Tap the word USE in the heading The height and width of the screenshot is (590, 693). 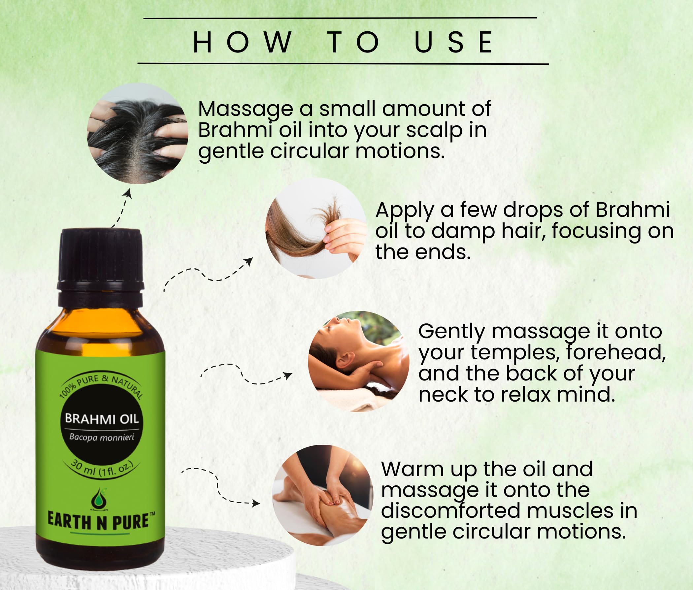[453, 42]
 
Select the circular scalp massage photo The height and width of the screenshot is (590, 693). [138, 133]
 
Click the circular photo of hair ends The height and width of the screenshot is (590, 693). [316, 228]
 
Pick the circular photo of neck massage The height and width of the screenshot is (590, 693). [358, 362]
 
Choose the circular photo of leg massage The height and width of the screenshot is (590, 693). [323, 495]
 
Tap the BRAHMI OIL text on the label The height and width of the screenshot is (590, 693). [102, 419]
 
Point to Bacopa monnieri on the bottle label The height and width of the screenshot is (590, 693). [102, 437]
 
